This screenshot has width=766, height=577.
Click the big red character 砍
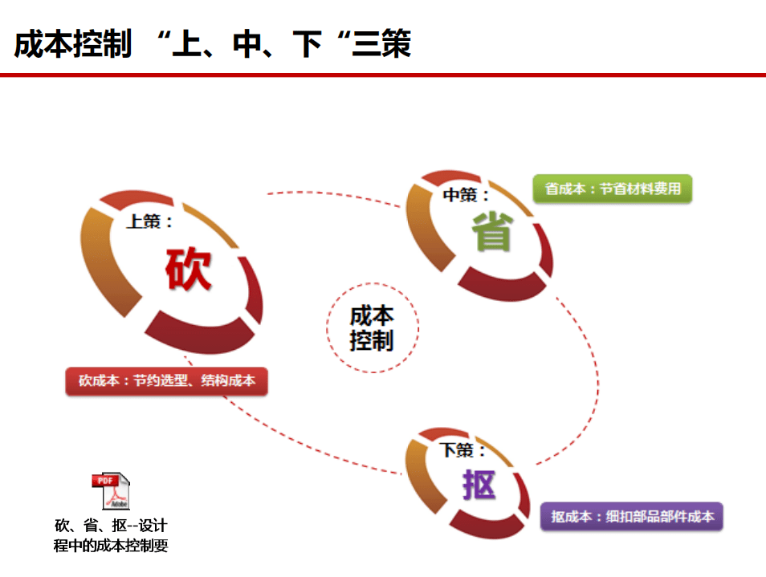[x=189, y=269]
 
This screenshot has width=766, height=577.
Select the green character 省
[x=492, y=231]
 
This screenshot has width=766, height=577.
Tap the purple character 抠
[x=479, y=485]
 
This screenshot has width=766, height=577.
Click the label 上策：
[x=149, y=221]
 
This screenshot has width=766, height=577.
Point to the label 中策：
[x=466, y=195]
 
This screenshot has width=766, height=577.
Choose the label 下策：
[x=462, y=450]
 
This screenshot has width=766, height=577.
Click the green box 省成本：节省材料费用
[x=613, y=189]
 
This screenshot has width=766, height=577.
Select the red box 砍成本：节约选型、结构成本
[x=166, y=380]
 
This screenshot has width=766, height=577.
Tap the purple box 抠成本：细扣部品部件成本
[x=632, y=517]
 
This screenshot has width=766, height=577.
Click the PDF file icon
[x=112, y=490]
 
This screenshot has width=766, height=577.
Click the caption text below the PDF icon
[x=111, y=535]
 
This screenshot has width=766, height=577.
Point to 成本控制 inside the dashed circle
[x=372, y=328]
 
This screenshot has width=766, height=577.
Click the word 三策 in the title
[x=381, y=43]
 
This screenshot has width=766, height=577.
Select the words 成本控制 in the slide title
[x=73, y=43]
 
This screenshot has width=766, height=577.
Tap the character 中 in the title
[x=247, y=44]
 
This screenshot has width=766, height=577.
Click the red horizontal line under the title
[x=383, y=75]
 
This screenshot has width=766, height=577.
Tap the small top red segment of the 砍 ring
[x=136, y=199]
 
